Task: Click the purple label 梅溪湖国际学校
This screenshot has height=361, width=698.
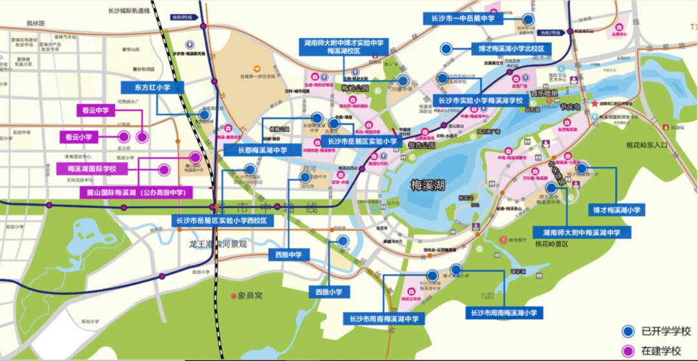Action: pyautogui.click(x=91, y=169)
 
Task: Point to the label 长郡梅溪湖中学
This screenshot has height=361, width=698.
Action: pyautogui.click(x=257, y=150)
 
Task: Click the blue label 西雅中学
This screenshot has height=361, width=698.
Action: pyautogui.click(x=288, y=254)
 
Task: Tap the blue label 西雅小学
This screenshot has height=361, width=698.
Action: pyautogui.click(x=329, y=292)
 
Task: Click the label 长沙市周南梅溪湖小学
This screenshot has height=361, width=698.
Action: pyautogui.click(x=505, y=313)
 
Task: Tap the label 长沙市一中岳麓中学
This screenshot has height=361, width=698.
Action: pyautogui.click(x=463, y=19)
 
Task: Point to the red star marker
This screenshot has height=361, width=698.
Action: pyautogui.click(x=595, y=104)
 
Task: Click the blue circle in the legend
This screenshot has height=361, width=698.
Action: pyautogui.click(x=626, y=331)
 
